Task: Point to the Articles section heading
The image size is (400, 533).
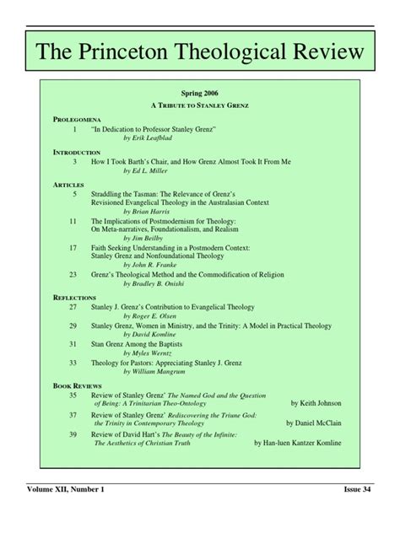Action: [68, 182]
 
